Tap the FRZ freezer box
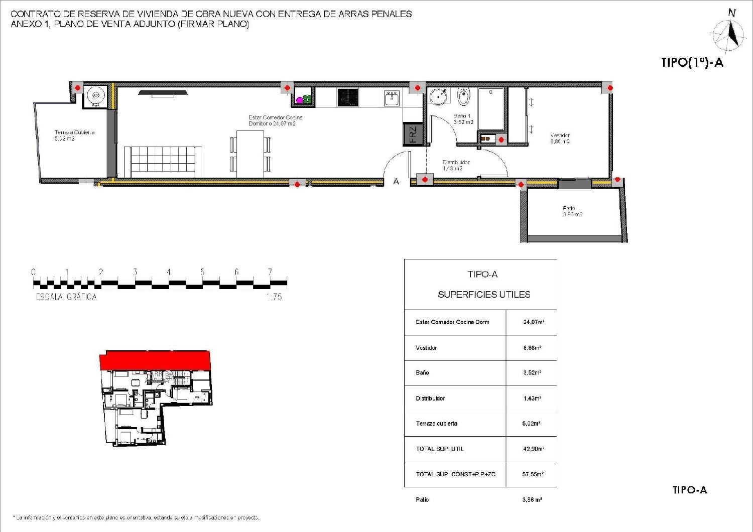(x=413, y=135)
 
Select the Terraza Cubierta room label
(x=74, y=136)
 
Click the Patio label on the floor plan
(x=572, y=211)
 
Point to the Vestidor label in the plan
(x=560, y=138)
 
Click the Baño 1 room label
(x=463, y=119)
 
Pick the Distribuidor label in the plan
(x=455, y=165)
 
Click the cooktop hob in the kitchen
(x=347, y=97)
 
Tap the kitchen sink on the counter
(x=392, y=98)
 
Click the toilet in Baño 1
(x=464, y=97)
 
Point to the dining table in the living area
(x=250, y=154)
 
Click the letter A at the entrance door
(x=396, y=182)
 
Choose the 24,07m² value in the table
(x=534, y=322)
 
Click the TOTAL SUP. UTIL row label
(x=439, y=449)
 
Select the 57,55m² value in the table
(x=533, y=474)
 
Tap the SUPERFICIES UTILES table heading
(x=484, y=295)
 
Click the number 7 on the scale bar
(x=270, y=272)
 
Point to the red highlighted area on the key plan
(x=155, y=360)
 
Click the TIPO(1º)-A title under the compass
(x=692, y=63)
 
